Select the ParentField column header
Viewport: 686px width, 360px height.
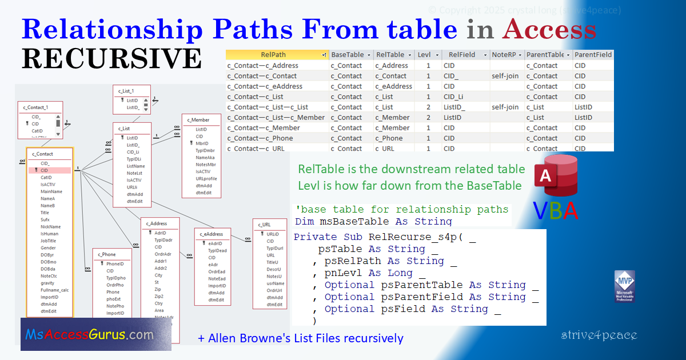point(593,55)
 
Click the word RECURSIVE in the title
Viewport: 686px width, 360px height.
point(111,58)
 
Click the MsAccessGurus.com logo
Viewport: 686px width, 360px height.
point(89,335)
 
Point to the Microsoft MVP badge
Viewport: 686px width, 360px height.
point(625,286)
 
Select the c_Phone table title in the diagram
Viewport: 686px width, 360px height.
point(107,254)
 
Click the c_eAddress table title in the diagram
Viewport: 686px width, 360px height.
point(212,234)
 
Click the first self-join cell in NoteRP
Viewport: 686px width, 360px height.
point(505,76)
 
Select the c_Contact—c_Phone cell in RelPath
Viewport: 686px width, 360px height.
point(260,138)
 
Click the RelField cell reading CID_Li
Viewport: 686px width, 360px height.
point(453,97)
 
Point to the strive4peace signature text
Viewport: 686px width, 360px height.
point(599,335)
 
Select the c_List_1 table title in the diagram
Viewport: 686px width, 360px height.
point(126,91)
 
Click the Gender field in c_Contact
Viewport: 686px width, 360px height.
point(48,248)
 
